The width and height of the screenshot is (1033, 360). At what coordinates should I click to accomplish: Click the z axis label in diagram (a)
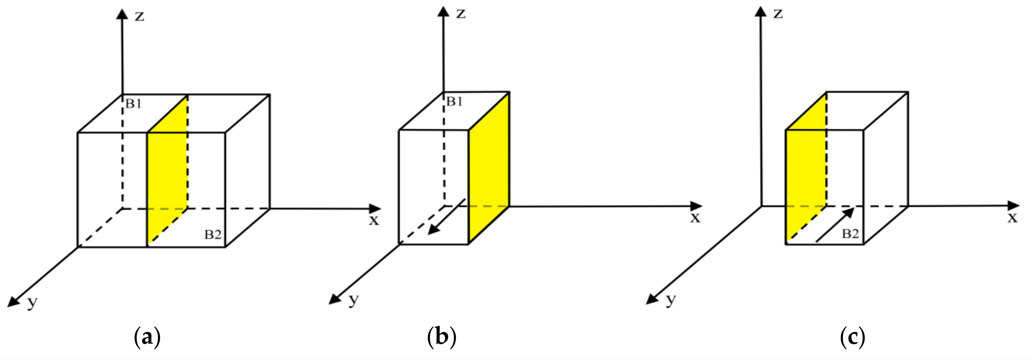tap(139, 16)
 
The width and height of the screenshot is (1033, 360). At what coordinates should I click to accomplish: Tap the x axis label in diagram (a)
tap(374, 220)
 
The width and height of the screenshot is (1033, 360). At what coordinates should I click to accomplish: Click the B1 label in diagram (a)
tap(133, 104)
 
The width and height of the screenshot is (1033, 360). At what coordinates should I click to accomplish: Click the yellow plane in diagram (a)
tap(167, 172)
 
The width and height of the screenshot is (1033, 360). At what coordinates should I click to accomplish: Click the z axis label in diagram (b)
tap(461, 14)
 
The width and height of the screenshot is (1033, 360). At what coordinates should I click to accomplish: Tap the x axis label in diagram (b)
tap(695, 218)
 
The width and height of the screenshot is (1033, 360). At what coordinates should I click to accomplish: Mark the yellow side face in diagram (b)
tap(489, 168)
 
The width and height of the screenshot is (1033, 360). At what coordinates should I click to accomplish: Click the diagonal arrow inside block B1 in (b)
tap(446, 217)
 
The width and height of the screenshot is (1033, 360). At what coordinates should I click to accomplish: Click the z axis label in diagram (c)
tap(778, 14)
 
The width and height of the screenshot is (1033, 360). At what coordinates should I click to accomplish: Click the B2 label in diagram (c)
tap(850, 234)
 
